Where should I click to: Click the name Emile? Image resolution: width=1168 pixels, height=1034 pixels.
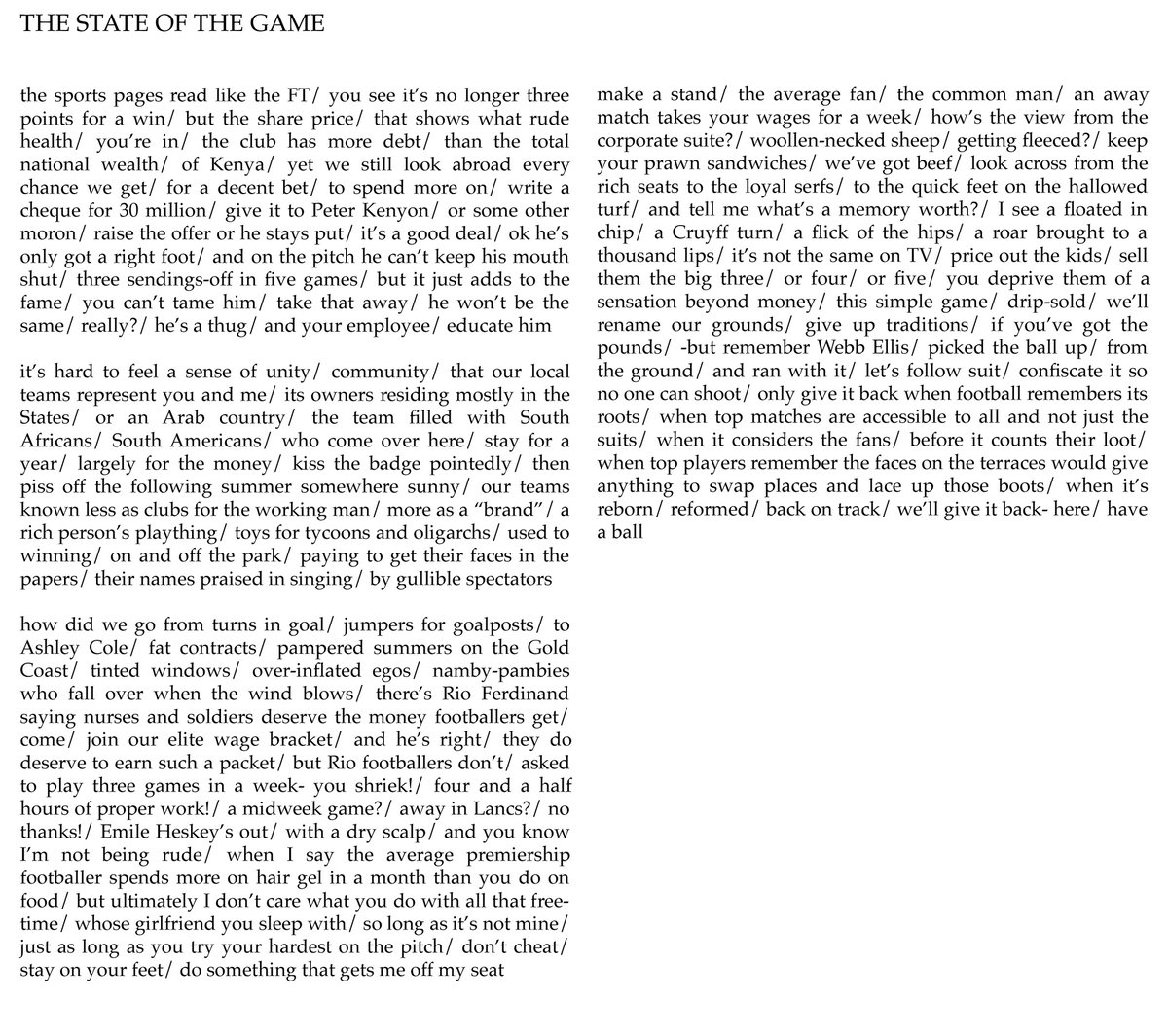[x=135, y=834]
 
